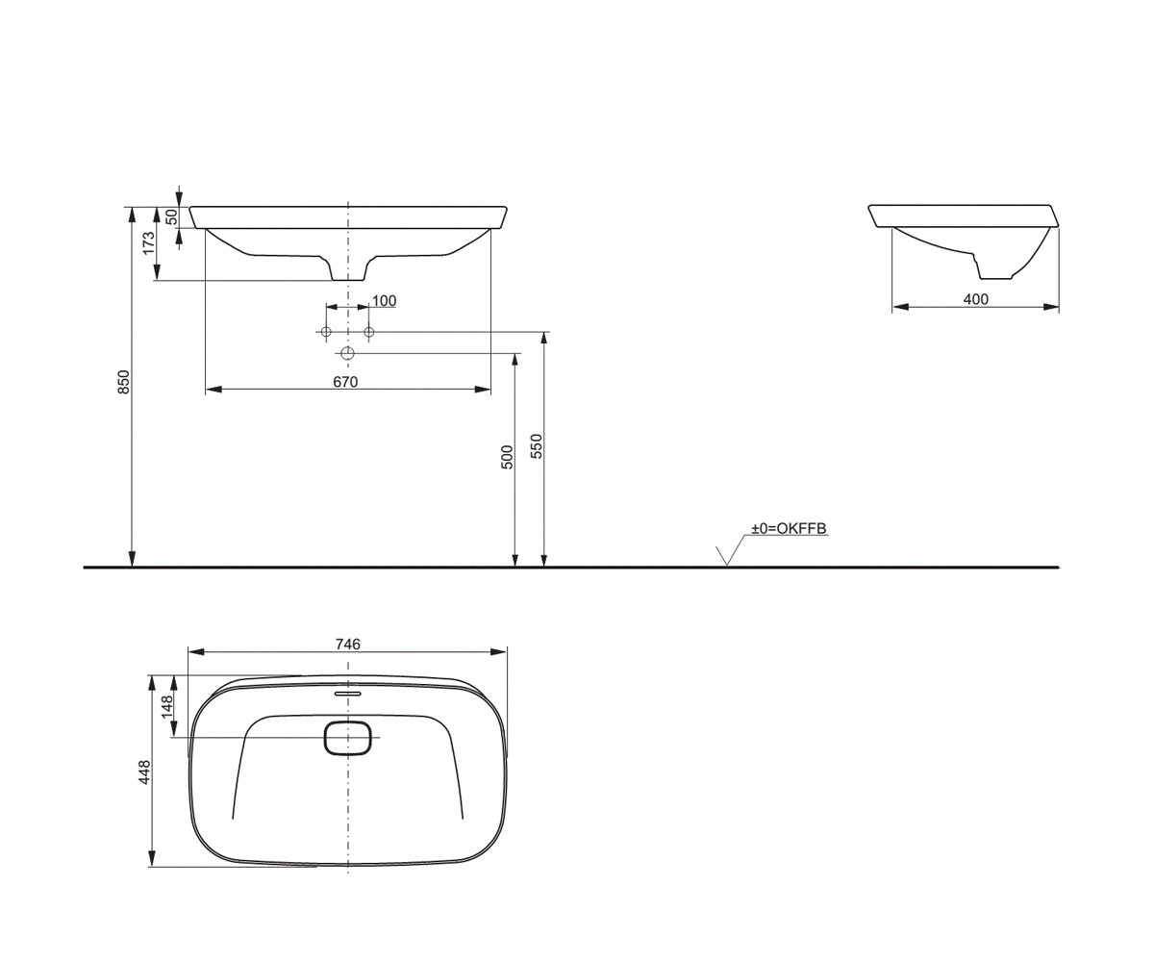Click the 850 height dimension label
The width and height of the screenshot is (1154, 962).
(x=124, y=382)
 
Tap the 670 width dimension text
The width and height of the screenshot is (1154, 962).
(x=345, y=382)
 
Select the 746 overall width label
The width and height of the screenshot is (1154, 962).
(x=347, y=645)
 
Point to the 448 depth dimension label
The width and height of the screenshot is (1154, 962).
(x=145, y=772)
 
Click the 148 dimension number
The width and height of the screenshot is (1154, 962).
(x=167, y=706)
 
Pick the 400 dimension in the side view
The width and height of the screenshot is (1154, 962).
(x=975, y=299)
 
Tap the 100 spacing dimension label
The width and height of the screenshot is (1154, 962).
(x=384, y=301)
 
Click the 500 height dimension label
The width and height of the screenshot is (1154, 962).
(x=507, y=457)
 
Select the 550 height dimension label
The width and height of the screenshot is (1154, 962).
(x=537, y=446)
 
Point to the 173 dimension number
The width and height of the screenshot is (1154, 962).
(x=149, y=243)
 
